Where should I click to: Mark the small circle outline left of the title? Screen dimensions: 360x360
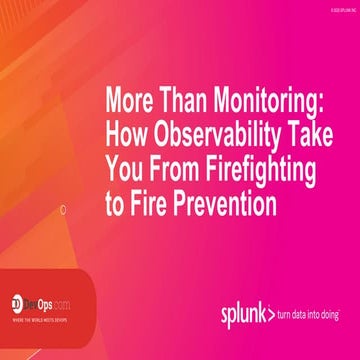click(64, 210)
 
